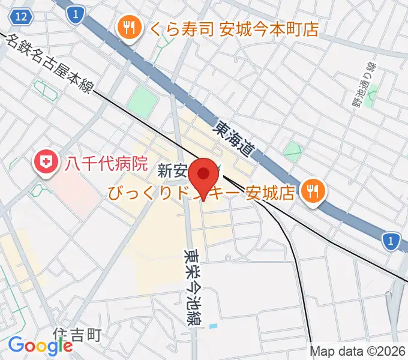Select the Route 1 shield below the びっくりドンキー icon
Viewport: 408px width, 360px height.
[391, 241]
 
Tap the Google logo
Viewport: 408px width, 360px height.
[40, 345]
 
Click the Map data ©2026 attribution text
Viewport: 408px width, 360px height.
[358, 352]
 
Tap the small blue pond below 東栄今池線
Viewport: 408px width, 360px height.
[214, 326]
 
